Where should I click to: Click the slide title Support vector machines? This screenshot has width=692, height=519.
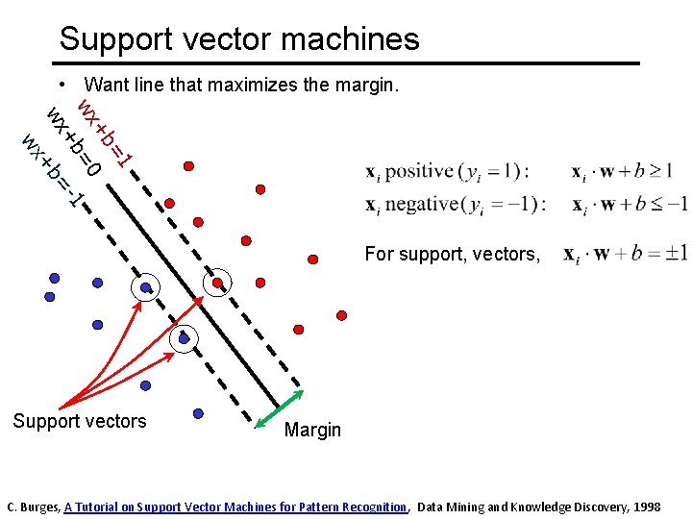(x=239, y=39)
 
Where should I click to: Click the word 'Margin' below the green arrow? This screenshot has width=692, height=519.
(x=312, y=430)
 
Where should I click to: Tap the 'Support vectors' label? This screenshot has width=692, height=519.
(x=80, y=421)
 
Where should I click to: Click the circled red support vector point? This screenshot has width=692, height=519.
(x=220, y=282)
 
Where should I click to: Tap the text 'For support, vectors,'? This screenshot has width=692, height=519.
(x=452, y=254)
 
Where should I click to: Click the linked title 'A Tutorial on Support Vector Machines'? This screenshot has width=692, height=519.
(x=235, y=507)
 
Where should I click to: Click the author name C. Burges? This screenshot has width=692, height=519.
(x=33, y=507)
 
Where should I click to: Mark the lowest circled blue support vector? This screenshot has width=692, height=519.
(x=184, y=337)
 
